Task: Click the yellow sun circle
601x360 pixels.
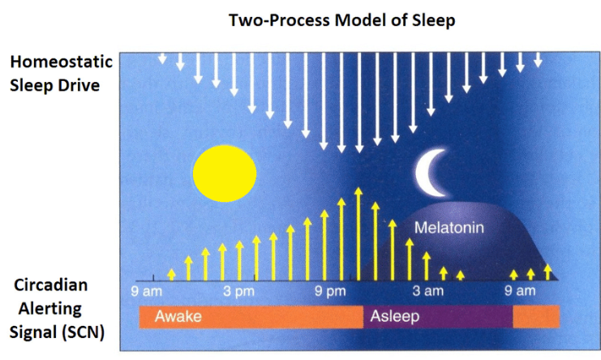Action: point(225,174)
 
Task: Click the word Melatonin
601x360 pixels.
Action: point(449,228)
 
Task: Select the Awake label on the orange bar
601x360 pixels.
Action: point(178,316)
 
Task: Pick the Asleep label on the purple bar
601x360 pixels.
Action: point(395,316)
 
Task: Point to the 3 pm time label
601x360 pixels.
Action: point(238,291)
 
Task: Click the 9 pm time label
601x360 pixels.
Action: point(330,291)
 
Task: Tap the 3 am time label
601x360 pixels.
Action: point(428,291)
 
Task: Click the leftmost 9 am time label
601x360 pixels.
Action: point(146,291)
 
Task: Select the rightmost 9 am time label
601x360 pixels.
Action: point(520,291)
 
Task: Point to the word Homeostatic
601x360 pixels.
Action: point(62,62)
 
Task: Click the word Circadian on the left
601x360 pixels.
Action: point(51,285)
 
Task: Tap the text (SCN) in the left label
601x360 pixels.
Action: point(81,332)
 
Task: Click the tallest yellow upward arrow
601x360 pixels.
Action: point(358,234)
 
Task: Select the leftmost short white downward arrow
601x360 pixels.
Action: point(162,58)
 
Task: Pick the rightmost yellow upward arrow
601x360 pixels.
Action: point(547,272)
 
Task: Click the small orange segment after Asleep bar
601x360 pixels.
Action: point(536,317)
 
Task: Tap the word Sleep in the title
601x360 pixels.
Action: point(433,20)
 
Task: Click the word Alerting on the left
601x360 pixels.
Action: point(50,309)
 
